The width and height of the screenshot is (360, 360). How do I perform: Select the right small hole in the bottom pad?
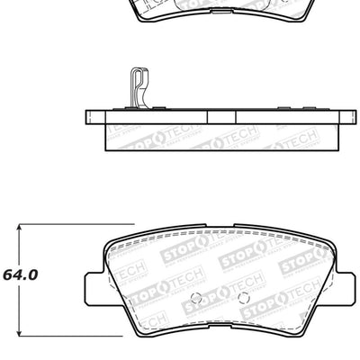tap(242, 297)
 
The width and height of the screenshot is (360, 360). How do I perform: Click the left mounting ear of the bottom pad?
tap(94, 285)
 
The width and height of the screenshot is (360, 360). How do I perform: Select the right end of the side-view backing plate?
tap(346, 117)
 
